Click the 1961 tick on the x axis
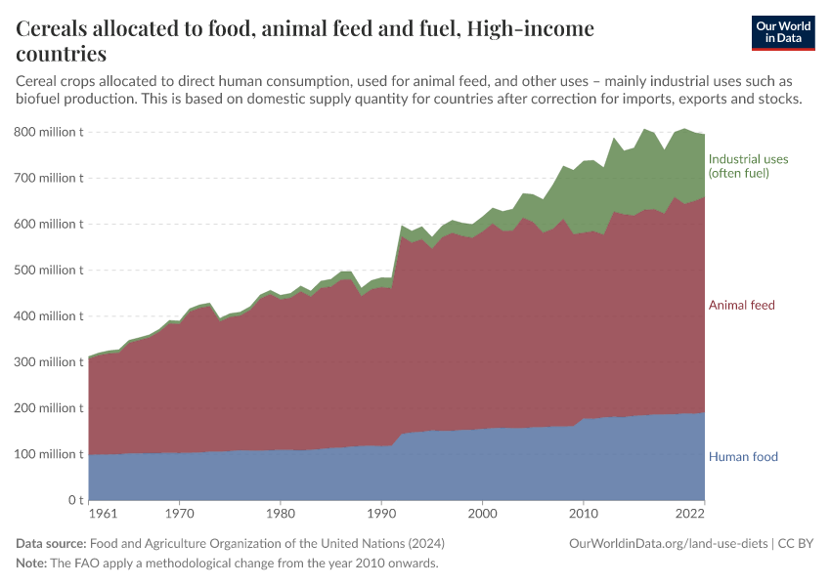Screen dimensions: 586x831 pyautogui.click(x=101, y=513)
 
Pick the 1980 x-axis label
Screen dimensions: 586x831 pyautogui.click(x=280, y=513)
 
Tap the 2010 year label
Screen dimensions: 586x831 pyautogui.click(x=584, y=513)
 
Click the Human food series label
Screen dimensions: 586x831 pyautogui.click(x=743, y=456)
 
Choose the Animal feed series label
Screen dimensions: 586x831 pyautogui.click(x=741, y=306)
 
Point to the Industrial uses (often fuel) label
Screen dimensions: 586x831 pyautogui.click(x=748, y=166)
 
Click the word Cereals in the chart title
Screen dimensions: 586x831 pyautogui.click(x=60, y=29)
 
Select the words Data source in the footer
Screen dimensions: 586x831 pyautogui.click(x=51, y=544)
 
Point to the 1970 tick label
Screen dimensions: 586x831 pyautogui.click(x=179, y=513)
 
